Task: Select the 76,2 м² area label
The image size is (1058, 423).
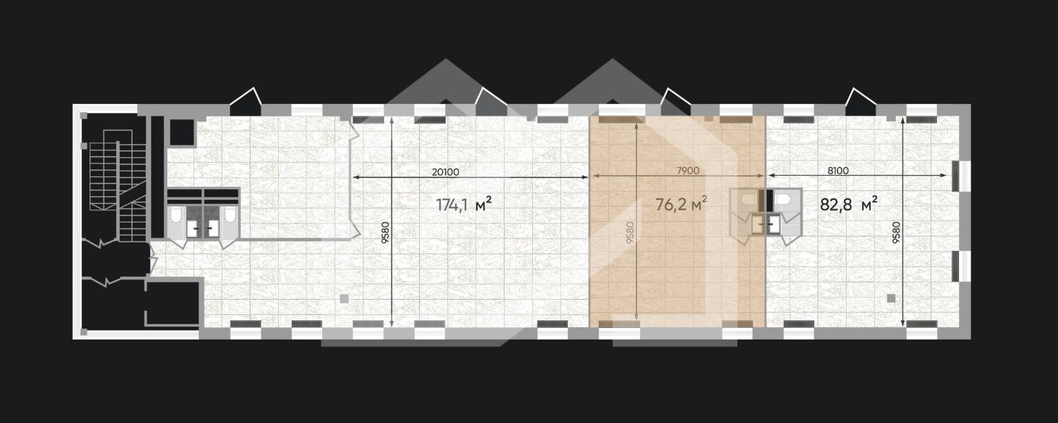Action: point(681,204)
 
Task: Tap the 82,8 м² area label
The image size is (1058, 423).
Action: point(849,204)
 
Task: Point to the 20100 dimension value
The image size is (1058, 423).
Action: point(445,172)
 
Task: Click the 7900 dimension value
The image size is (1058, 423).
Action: point(688,171)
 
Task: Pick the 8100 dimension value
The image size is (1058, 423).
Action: point(838,171)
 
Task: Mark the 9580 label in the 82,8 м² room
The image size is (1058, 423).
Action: point(896,233)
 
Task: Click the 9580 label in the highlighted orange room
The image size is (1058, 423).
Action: point(630,233)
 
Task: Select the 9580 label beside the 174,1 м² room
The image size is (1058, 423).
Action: point(385,233)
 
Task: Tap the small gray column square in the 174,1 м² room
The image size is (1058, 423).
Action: point(344,298)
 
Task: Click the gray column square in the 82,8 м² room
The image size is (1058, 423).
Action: point(891,298)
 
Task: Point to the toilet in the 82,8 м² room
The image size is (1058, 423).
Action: point(784,200)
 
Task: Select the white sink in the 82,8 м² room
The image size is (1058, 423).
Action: point(774,225)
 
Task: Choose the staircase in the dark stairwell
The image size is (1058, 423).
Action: point(118,185)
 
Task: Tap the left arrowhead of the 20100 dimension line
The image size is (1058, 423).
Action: point(355,177)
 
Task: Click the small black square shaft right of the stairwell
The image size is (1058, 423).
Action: point(182,132)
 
